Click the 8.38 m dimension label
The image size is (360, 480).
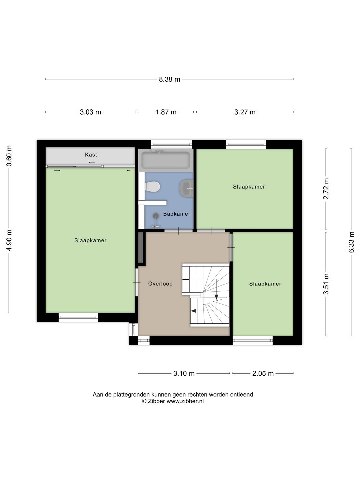click(x=169, y=79)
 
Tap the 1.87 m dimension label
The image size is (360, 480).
click(x=166, y=112)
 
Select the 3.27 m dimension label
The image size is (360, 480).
click(x=245, y=112)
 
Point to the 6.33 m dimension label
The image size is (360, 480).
click(x=351, y=242)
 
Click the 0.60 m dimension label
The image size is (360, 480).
click(x=9, y=156)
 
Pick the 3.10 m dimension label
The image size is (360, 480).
click(x=184, y=373)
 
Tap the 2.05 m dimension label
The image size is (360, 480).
click(x=263, y=373)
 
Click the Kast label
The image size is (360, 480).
click(x=91, y=155)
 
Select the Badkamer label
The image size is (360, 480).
click(x=177, y=214)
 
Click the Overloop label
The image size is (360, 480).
click(x=160, y=284)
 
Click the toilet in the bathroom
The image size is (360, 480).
click(x=153, y=187)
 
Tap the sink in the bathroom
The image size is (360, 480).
click(x=186, y=188)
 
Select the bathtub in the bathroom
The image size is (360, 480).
click(x=166, y=160)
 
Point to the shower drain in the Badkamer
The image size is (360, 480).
click(x=156, y=216)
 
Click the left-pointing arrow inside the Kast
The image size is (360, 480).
click(x=92, y=162)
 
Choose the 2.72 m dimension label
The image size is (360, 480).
click(x=326, y=189)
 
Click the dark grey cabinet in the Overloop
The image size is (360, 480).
click(x=141, y=247)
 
